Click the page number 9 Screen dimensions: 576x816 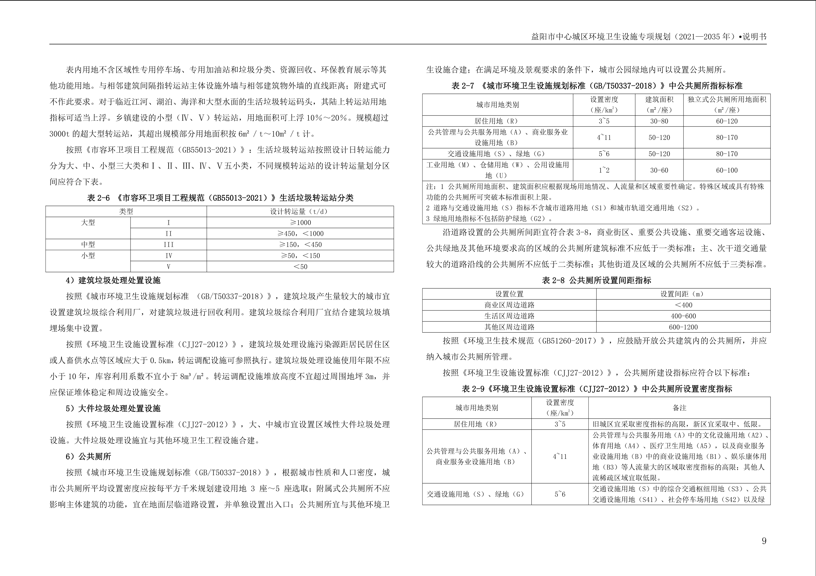764,541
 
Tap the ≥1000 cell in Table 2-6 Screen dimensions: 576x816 300,223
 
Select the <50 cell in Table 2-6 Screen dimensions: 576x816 300,267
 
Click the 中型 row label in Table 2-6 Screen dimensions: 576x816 88,244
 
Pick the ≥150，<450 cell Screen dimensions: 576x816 300,244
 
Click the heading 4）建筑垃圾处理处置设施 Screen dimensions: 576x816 113,280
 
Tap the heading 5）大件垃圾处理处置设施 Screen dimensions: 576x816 113,408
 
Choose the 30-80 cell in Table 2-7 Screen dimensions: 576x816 659,121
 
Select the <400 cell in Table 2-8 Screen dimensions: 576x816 683,305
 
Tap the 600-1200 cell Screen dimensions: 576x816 683,327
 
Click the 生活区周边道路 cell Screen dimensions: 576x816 509,316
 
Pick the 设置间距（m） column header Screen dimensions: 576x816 683,294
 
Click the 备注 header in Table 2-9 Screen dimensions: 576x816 679,408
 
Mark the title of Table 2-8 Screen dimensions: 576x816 596,280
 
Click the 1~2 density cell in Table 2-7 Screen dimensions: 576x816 603,170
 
